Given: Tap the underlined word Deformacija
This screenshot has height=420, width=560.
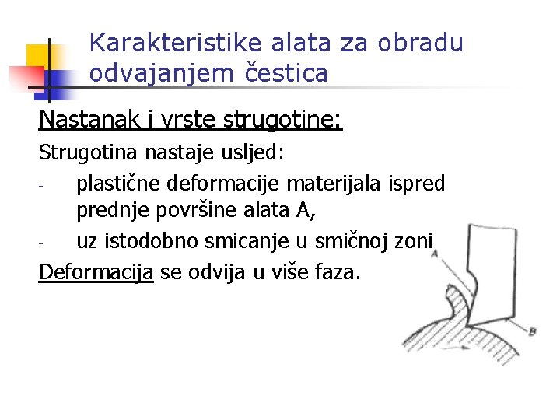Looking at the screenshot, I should tap(96, 272).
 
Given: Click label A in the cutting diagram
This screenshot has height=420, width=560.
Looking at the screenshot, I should tap(434, 254).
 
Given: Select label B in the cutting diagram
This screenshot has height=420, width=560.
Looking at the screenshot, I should tap(532, 332).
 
